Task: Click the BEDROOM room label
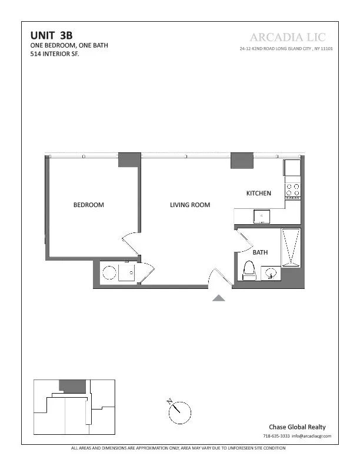(x=88, y=205)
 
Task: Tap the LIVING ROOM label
(x=190, y=205)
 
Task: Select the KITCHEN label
(x=258, y=193)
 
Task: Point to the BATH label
(x=260, y=252)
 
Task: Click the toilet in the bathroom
(x=249, y=271)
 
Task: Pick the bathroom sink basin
(x=271, y=273)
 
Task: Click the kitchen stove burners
(x=292, y=190)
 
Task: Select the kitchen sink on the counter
(x=261, y=217)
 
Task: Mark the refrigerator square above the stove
(x=292, y=168)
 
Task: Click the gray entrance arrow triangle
(x=219, y=298)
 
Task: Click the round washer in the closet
(x=109, y=273)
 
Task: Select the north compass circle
(x=180, y=411)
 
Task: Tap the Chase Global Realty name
(x=297, y=427)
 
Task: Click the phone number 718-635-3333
(x=276, y=436)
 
